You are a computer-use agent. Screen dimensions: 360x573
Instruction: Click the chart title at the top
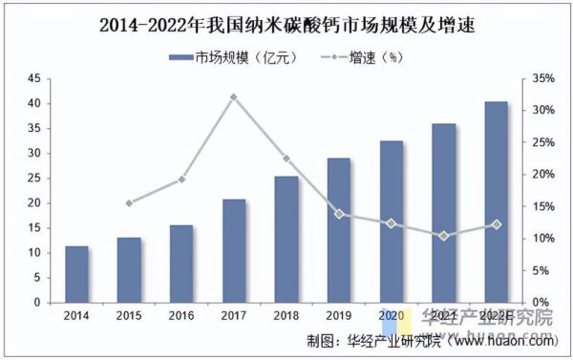(x=286, y=22)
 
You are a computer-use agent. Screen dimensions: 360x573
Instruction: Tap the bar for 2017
(x=234, y=250)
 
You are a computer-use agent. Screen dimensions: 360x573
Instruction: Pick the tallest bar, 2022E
(x=496, y=201)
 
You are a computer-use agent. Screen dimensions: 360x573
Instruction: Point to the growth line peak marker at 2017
(x=234, y=96)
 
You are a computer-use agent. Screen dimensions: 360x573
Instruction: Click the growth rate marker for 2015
(x=129, y=202)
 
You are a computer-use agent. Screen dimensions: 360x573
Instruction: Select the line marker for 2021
(x=443, y=235)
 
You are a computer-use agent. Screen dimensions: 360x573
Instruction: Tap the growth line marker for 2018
(x=286, y=159)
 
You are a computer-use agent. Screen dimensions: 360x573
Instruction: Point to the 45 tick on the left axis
(x=34, y=78)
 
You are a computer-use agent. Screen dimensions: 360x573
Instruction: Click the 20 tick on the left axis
(x=34, y=203)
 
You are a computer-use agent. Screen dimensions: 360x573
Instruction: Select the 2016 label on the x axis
(x=181, y=316)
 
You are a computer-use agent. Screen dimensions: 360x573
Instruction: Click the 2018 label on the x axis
(x=286, y=316)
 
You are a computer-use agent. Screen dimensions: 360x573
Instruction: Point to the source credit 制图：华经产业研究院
(x=367, y=340)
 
